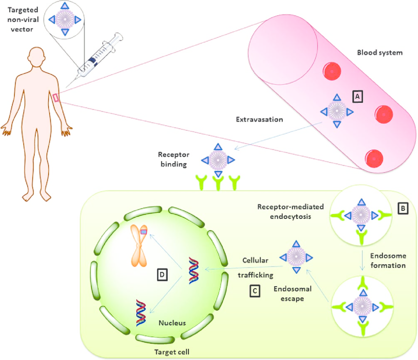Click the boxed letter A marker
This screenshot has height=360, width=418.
coord(358,96)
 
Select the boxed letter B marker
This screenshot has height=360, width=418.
coord(403,208)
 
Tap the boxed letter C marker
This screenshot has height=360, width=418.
coord(255,291)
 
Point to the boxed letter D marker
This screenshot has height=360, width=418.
coord(162,274)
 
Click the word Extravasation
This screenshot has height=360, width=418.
coord(259,120)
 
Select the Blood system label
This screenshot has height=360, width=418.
coord(380,53)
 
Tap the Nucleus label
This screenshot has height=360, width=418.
coord(172,323)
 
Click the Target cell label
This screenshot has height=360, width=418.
coord(172,352)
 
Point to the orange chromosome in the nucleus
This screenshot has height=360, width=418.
coord(139,245)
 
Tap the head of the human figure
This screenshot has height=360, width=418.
coord(36,57)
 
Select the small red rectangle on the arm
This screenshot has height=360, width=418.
coord(56,97)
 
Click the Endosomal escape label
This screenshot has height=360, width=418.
coord(293,294)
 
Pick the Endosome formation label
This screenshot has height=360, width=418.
coord(388,261)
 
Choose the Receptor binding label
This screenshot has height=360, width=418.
coord(174,159)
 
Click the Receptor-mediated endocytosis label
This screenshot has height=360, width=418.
coord(291,211)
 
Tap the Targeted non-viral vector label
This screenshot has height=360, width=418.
coord(23,20)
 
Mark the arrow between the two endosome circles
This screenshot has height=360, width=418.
coord(362,261)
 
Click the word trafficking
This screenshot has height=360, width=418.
coord(256,275)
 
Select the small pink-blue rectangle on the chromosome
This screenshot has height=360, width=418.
coord(144,232)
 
